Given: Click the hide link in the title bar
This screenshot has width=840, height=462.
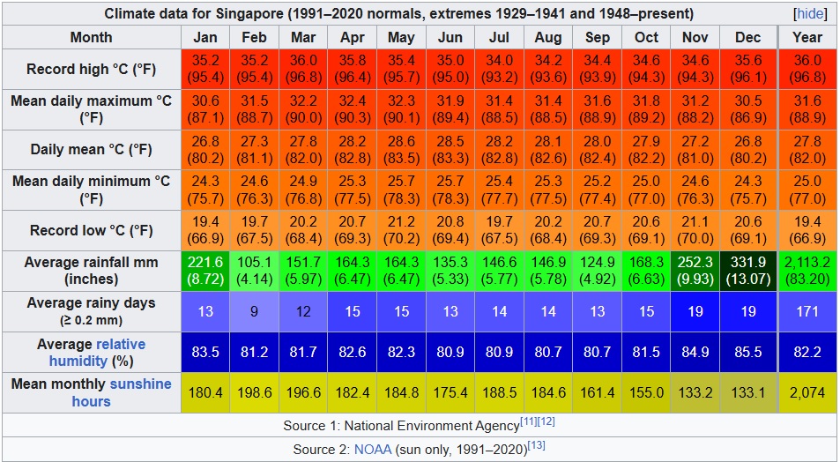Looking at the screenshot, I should [809, 14].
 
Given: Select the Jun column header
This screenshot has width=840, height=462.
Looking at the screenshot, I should [450, 37].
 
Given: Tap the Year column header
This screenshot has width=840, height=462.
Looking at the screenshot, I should [807, 37].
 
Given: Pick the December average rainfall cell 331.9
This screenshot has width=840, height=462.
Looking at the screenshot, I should [747, 271].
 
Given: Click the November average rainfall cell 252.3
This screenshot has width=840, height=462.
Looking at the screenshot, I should [695, 271].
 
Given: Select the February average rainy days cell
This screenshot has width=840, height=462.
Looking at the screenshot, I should [254, 311].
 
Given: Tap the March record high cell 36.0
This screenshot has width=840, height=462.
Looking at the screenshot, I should [302, 69].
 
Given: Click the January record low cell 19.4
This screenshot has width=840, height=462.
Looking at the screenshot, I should [204, 230].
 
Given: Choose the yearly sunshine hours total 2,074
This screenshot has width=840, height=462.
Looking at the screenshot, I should [807, 392].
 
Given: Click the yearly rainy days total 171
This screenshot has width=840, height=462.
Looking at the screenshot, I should [807, 311].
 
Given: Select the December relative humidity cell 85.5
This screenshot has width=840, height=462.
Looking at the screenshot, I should [747, 352].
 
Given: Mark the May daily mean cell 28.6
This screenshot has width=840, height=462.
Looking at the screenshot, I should [401, 150].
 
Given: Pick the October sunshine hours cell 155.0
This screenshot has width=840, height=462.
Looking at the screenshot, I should [646, 392].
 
